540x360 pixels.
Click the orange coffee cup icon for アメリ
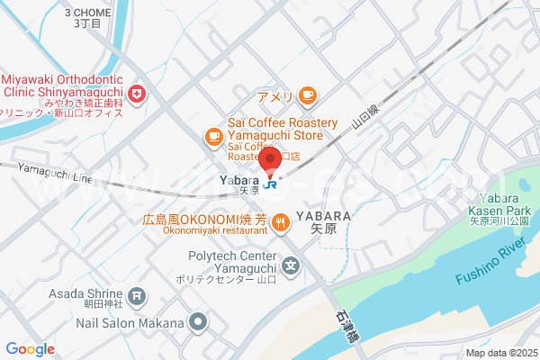[308, 94]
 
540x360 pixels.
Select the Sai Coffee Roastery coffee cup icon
[213, 136]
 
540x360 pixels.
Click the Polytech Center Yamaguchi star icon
[291, 265]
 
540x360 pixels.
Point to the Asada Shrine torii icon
[136, 293]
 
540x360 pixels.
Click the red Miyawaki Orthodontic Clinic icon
[136, 94]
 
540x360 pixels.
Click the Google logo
[30, 348]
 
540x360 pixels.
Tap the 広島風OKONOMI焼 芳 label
[204, 219]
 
